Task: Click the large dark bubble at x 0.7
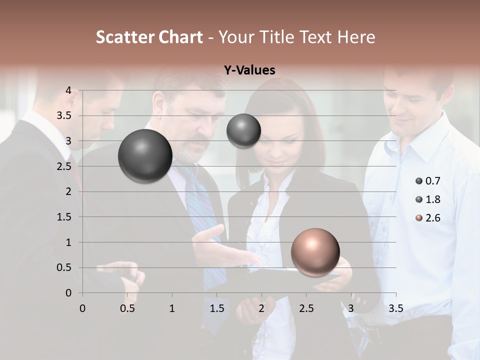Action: pos(145,156)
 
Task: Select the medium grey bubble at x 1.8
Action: pos(243,130)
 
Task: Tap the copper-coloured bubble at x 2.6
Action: pos(315,252)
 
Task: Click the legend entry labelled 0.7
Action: pos(427,181)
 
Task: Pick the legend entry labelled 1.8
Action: pos(427,199)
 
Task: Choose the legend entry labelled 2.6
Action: pos(427,218)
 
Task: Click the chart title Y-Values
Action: pos(249,70)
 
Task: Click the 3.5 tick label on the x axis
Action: pos(395,308)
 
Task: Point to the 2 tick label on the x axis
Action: pos(261,308)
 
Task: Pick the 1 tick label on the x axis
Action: pos(172,308)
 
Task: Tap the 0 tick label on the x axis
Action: pos(82,308)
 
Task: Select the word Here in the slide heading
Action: pos(355,37)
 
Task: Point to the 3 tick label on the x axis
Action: pos(351,308)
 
